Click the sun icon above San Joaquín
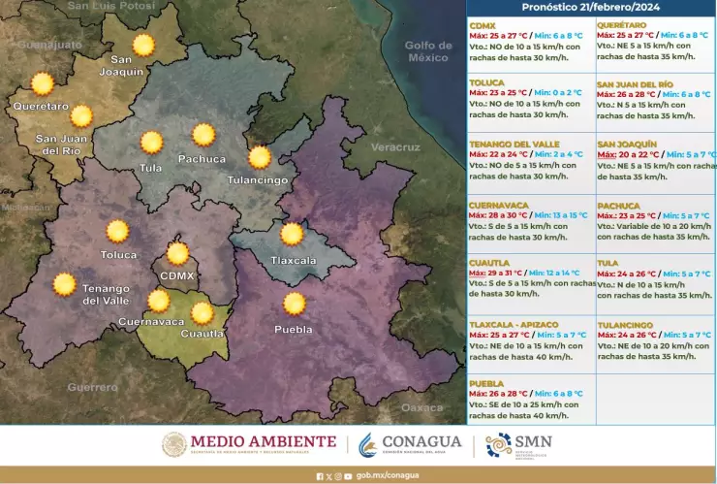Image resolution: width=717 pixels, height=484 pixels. tap(143, 45)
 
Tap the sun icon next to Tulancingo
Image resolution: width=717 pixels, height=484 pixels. tap(260, 157)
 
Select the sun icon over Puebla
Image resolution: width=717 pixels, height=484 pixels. tap(295, 305)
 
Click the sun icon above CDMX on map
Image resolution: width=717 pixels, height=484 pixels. tap(177, 254)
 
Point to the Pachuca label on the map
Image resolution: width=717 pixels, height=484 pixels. tap(202, 159)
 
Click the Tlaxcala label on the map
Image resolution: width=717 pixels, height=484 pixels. tap(294, 261)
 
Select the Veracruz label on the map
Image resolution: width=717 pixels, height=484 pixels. tap(394, 147)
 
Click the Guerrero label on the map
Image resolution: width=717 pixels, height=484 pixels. tap(93, 387)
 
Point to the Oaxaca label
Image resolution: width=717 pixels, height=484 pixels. tap(421, 407)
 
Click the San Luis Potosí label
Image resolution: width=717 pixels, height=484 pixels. tap(110, 6)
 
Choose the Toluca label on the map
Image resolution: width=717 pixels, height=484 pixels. tap(118, 255)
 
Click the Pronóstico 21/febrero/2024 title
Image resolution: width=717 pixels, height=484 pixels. tap(590, 7)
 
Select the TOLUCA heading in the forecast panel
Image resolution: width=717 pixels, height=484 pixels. tap(488, 83)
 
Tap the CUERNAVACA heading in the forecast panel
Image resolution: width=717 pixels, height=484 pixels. tap(498, 206)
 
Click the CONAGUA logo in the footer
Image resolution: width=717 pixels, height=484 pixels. tap(396, 444)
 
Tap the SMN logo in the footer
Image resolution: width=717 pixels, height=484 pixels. tap(518, 445)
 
